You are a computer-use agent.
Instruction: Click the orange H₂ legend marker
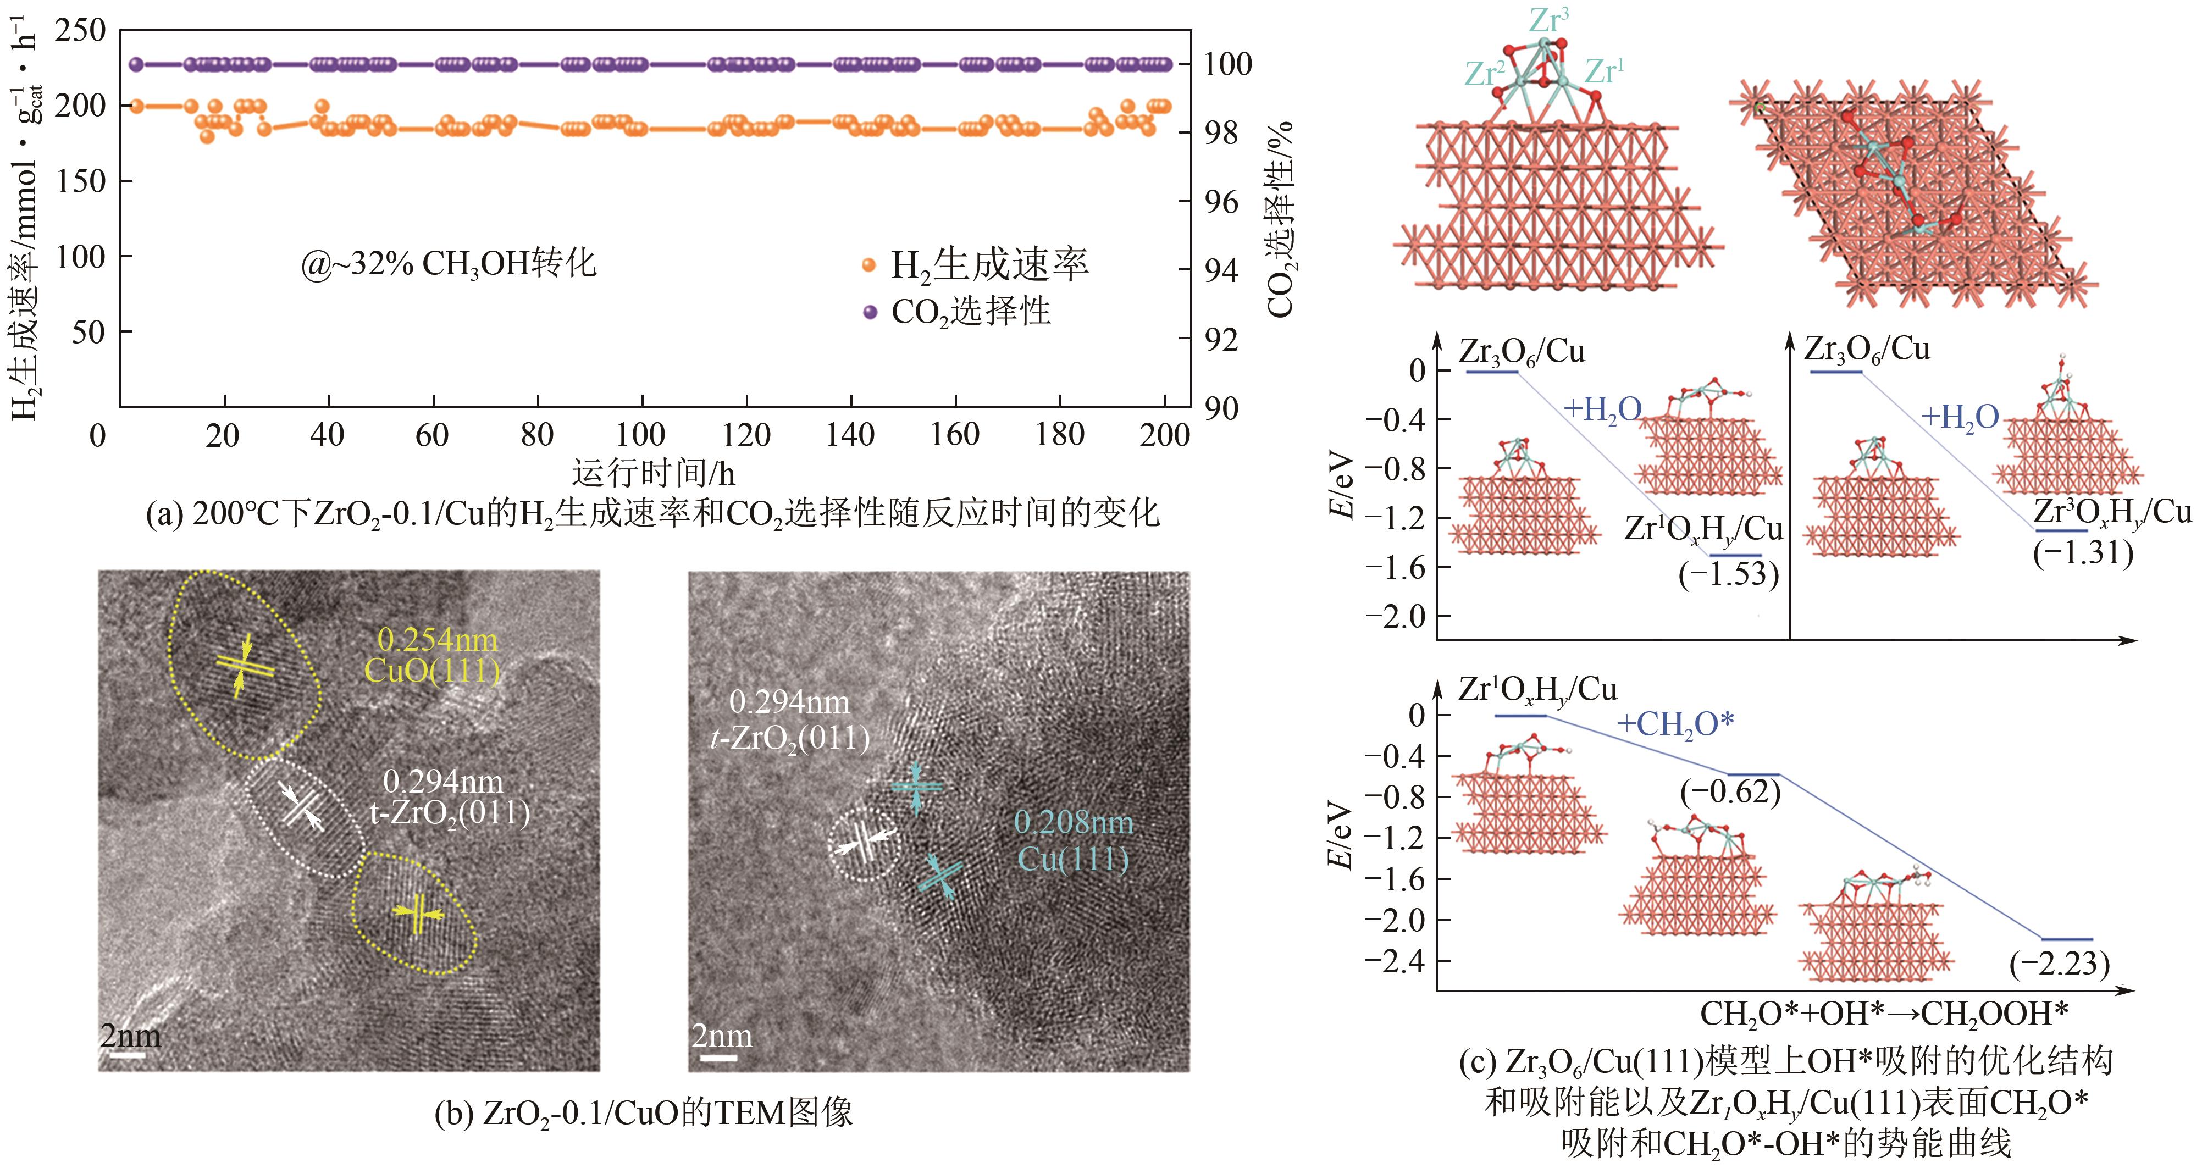(x=870, y=265)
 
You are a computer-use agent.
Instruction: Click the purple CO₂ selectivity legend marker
(x=870, y=312)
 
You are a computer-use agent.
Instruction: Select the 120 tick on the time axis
(x=746, y=435)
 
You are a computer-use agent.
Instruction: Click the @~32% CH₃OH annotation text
(x=448, y=263)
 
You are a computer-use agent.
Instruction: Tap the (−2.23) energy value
(x=2059, y=964)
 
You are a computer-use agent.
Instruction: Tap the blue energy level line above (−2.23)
(x=2067, y=939)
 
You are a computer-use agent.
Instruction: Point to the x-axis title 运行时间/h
(x=653, y=473)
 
